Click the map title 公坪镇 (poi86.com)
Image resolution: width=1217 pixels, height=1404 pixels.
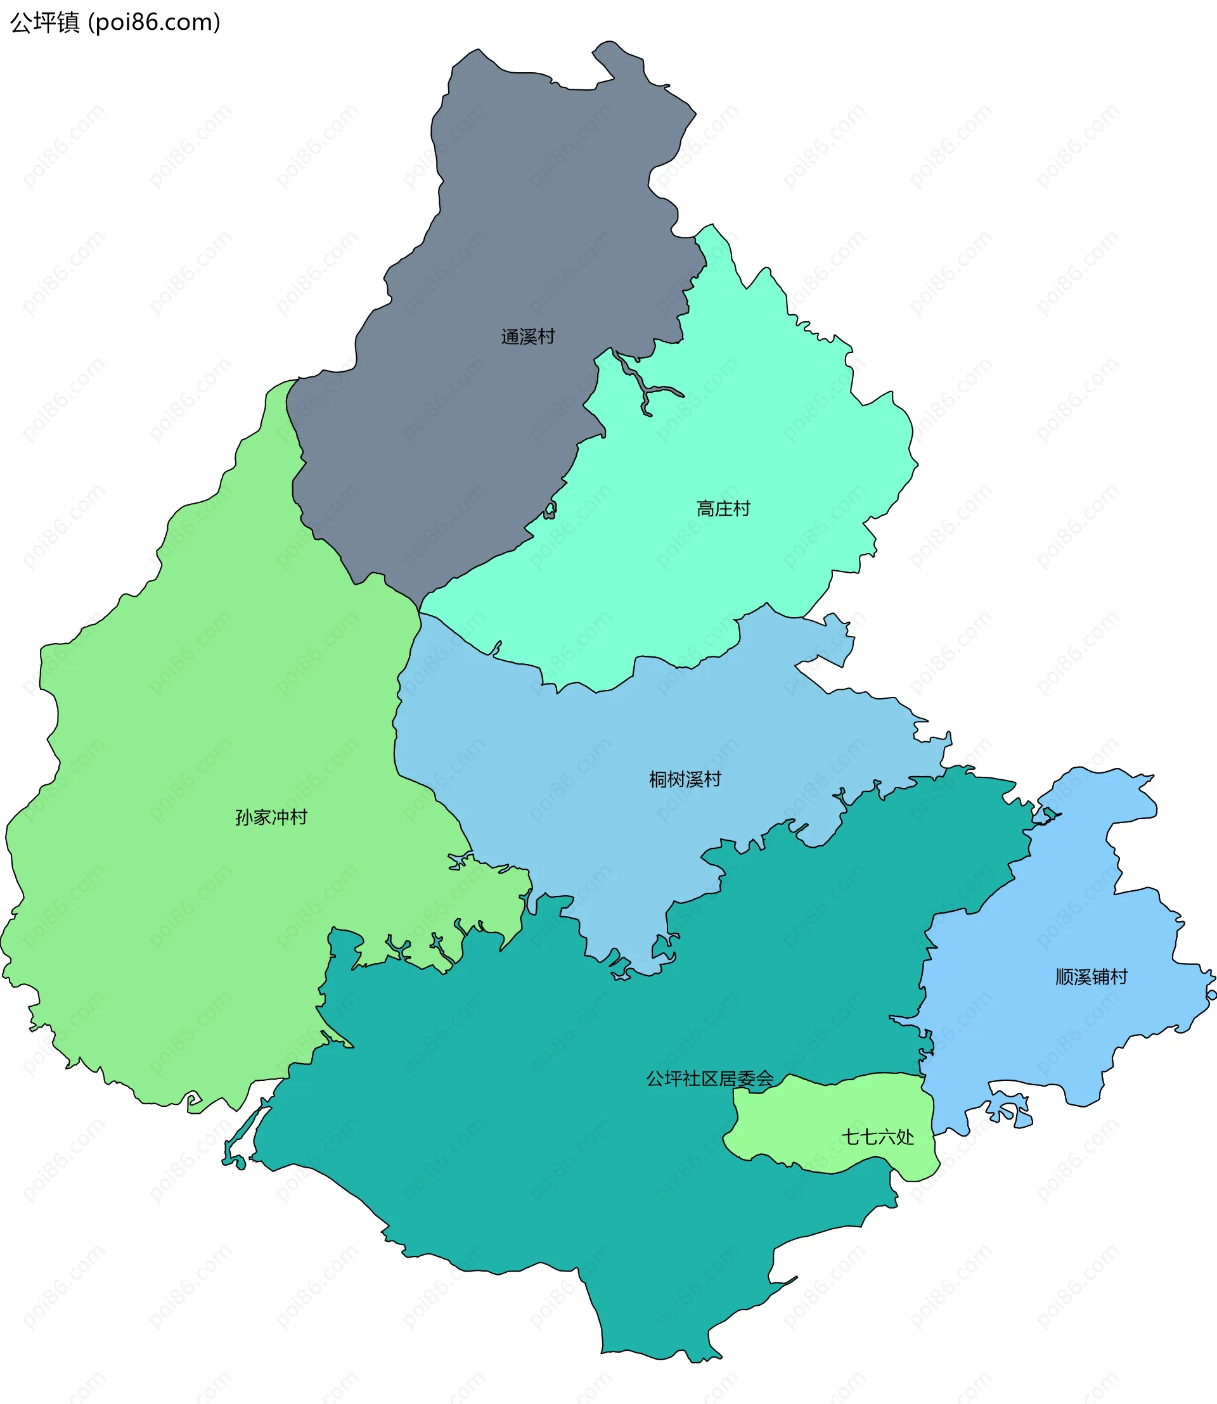point(115,22)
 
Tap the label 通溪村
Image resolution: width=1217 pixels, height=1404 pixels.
point(527,336)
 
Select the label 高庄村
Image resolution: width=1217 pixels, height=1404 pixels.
point(723,509)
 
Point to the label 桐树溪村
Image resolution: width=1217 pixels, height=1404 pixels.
point(685,779)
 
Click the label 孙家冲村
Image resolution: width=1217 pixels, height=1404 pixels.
point(271,817)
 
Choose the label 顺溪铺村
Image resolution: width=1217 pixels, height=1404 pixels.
point(1091,977)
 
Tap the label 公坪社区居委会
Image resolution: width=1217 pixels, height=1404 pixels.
point(709,1079)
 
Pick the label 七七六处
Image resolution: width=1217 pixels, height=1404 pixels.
point(877,1137)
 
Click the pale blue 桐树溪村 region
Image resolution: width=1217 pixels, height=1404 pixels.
point(577,781)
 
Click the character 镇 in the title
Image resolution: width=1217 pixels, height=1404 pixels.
point(68,22)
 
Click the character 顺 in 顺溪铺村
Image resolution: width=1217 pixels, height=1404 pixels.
point(1064,977)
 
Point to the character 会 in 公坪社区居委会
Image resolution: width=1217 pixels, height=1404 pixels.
point(764,1079)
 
